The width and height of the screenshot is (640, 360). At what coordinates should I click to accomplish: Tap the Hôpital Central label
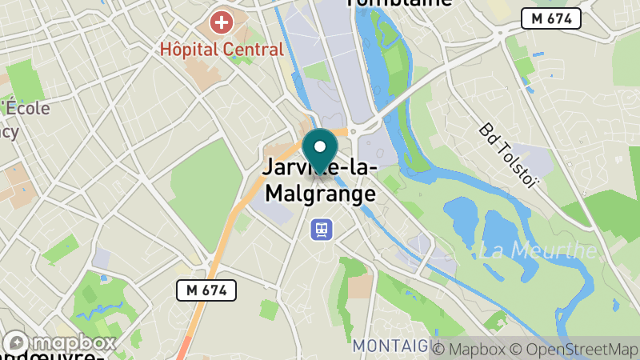click(x=222, y=50)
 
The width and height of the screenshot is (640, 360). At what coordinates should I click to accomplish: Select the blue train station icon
click(x=322, y=230)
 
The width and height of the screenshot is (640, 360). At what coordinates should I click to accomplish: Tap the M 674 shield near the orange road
click(x=206, y=290)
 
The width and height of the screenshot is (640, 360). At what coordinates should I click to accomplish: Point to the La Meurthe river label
click(x=543, y=250)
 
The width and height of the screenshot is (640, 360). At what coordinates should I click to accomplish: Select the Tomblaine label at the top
click(x=398, y=3)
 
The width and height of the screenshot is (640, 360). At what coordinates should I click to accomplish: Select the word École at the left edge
click(x=29, y=109)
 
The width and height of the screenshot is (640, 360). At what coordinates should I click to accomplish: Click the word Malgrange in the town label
click(x=320, y=194)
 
